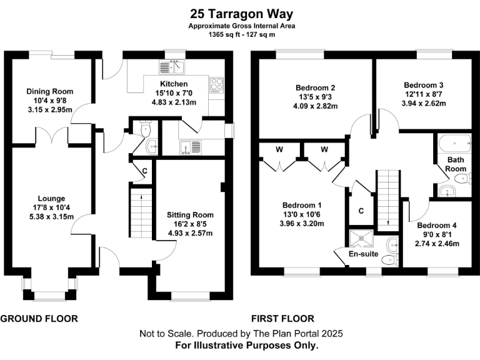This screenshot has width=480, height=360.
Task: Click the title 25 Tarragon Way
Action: point(242,13)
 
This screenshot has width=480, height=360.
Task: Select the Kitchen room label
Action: point(173,84)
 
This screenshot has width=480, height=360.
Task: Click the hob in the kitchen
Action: point(216,84)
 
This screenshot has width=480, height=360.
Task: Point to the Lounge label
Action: point(51,199)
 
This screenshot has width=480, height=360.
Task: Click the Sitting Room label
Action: point(191,214)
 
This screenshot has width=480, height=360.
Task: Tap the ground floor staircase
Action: point(141,210)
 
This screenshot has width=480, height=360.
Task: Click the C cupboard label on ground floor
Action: point(144,170)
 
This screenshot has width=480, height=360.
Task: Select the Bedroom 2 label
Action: point(316,88)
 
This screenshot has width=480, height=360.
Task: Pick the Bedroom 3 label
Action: point(423,85)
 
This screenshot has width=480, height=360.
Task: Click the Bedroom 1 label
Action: point(302,205)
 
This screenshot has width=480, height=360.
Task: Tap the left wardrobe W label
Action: point(279,149)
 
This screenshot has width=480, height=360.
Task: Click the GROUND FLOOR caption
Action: point(39,318)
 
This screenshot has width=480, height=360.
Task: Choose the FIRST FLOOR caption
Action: point(282,318)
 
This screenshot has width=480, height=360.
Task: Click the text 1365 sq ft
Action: point(226,35)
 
